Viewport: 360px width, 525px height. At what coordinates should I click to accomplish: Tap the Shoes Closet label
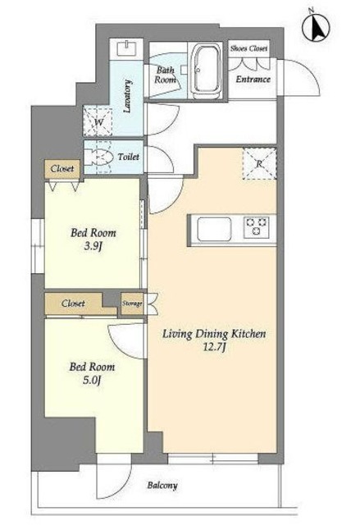point(249,48)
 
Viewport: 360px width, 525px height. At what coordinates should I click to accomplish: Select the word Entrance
point(253,80)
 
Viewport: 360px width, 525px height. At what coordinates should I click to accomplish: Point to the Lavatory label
point(127,96)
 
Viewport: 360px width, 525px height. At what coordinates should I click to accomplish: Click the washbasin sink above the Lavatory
point(126,49)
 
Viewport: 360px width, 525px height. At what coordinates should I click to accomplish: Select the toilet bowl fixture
point(98,157)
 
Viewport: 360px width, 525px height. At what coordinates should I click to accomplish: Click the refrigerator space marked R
point(259,164)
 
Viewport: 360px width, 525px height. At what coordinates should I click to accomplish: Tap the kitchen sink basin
point(214,229)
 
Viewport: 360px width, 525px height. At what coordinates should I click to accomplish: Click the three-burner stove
point(257,227)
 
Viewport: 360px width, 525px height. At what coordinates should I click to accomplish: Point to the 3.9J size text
point(93,247)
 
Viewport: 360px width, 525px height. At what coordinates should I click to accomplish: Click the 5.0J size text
point(92,381)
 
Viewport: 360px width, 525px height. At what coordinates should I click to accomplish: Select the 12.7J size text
point(214,347)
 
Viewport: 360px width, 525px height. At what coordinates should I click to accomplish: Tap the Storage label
point(132,304)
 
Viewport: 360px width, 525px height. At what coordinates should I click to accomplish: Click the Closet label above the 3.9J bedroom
point(62,168)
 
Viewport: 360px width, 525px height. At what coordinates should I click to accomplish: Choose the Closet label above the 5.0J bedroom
point(73,304)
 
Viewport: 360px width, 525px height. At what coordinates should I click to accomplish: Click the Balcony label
point(162,485)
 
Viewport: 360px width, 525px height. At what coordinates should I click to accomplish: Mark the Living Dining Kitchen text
point(214,334)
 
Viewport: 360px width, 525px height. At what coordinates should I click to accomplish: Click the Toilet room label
point(129,157)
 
